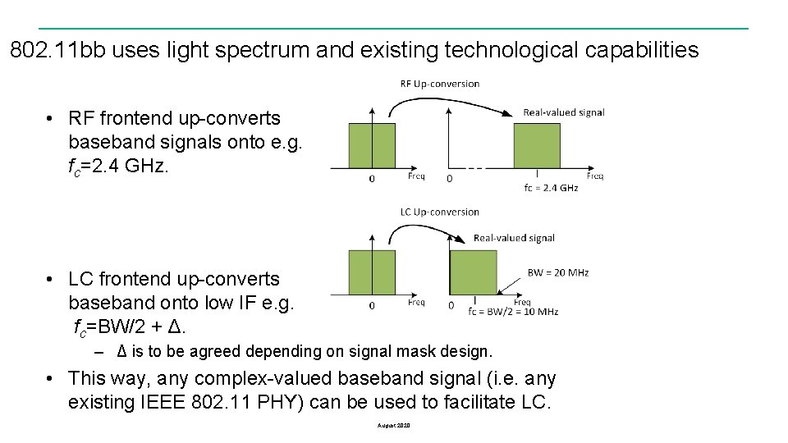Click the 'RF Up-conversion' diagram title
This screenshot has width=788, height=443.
440,84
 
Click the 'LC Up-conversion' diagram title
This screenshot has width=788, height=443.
440,212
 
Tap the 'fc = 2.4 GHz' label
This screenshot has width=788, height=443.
551,188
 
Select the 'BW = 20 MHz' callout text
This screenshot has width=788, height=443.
558,272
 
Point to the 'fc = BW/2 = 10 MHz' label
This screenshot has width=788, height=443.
513,312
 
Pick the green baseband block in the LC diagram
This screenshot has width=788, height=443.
372,272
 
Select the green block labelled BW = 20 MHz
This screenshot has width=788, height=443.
474,272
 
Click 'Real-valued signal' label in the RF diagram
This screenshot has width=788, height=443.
563,112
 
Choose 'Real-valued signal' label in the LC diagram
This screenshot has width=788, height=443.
514,238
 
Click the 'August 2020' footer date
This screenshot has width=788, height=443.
394,426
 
